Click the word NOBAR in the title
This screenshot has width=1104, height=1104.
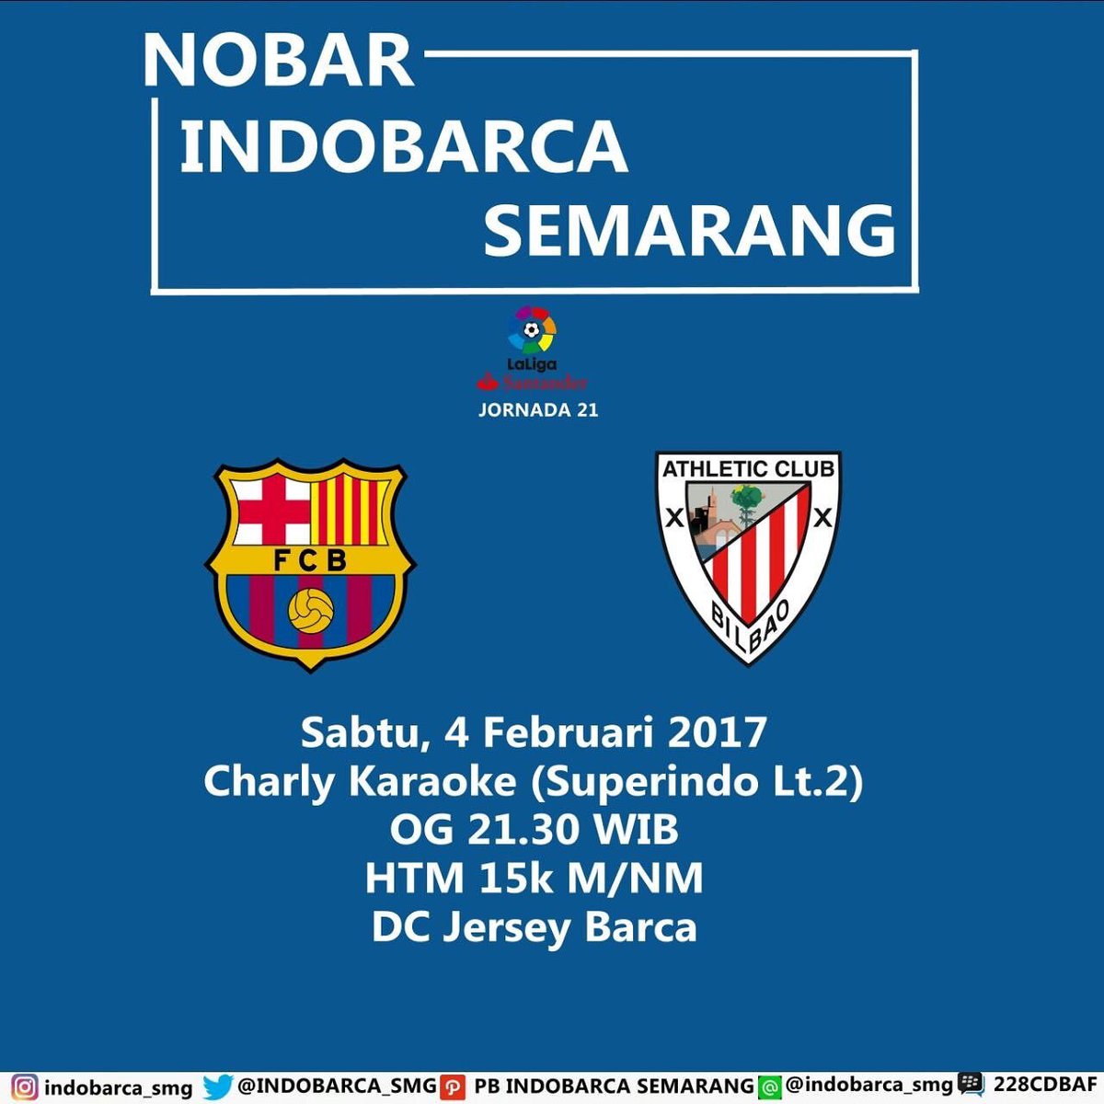tap(278, 62)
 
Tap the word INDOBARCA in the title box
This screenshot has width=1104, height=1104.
tap(403, 147)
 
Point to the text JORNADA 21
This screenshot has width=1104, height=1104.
tap(538, 410)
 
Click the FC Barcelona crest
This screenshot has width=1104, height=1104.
tap(310, 563)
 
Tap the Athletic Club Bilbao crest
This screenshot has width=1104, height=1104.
tap(748, 555)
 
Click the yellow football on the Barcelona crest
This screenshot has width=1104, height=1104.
tap(310, 610)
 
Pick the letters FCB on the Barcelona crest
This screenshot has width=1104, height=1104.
tap(310, 559)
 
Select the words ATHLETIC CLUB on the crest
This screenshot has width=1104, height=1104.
tap(748, 469)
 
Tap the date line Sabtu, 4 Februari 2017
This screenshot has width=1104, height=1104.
tap(534, 733)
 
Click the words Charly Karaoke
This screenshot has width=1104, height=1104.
tap(360, 782)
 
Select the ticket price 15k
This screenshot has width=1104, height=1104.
tap(515, 879)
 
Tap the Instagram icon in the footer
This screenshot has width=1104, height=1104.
tap(25, 1087)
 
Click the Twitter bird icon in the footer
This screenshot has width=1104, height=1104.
tap(217, 1087)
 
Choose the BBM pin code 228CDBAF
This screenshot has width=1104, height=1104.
tap(1045, 1086)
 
